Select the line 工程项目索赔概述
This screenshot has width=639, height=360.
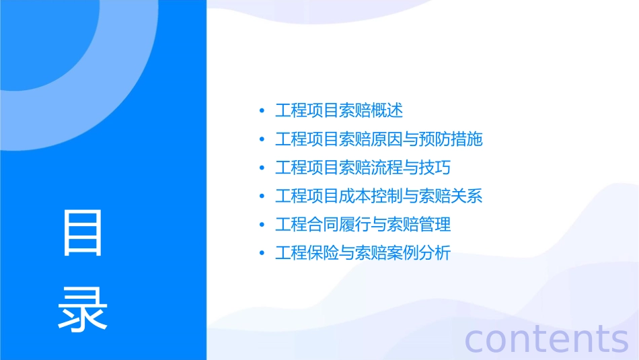pyautogui.click(x=339, y=110)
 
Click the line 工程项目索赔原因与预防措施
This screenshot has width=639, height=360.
pyautogui.click(x=379, y=139)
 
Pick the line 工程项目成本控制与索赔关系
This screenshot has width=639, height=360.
pyautogui.click(x=379, y=196)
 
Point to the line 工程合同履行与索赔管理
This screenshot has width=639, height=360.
pyautogui.click(x=363, y=225)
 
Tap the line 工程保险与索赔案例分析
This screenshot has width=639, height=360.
pyautogui.click(x=363, y=254)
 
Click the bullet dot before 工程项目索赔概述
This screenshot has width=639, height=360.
pyautogui.click(x=262, y=111)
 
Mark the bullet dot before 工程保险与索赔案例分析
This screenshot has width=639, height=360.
pyautogui.click(x=262, y=254)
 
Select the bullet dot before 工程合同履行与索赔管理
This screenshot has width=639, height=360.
pyautogui.click(x=262, y=225)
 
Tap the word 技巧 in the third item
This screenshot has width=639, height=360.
pyautogui.click(x=435, y=168)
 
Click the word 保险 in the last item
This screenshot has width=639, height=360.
pyautogui.click(x=323, y=254)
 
